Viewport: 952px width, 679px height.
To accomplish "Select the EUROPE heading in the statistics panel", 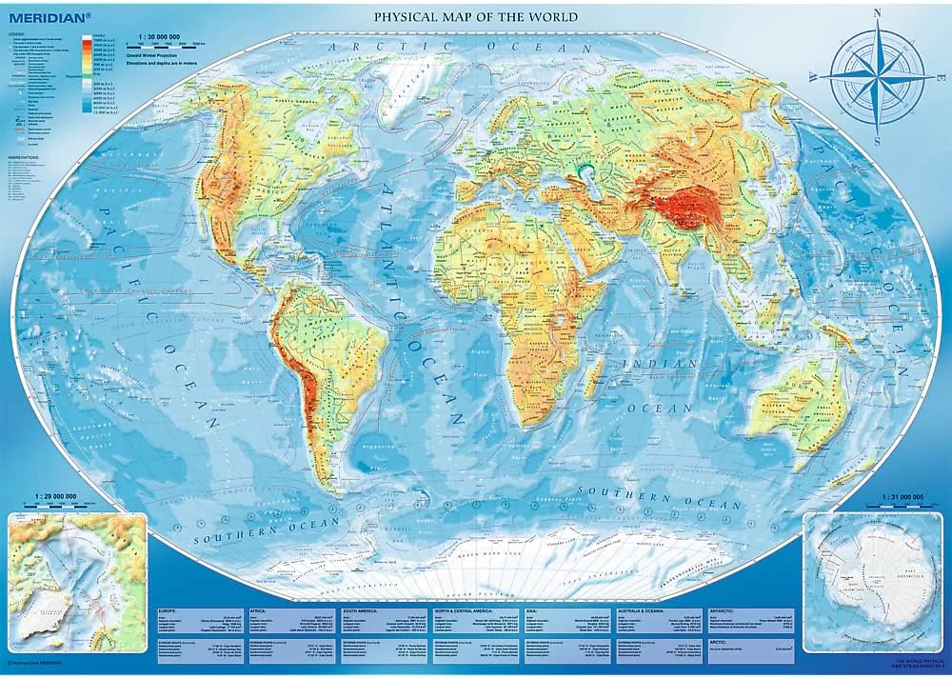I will (169, 610).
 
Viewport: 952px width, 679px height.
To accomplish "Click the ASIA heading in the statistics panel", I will (533, 610).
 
